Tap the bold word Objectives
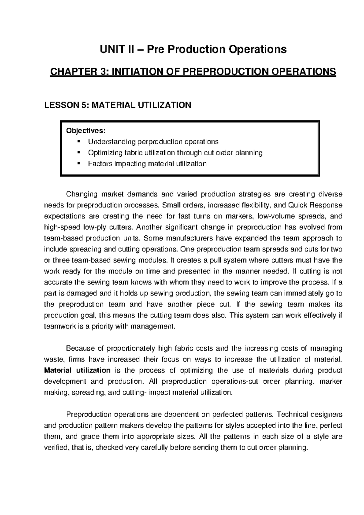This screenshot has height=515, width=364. [x=86, y=130]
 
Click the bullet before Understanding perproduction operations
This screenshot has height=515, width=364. [x=79, y=141]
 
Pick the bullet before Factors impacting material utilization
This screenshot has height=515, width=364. [x=79, y=163]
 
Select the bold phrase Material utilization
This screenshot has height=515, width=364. [x=77, y=371]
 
